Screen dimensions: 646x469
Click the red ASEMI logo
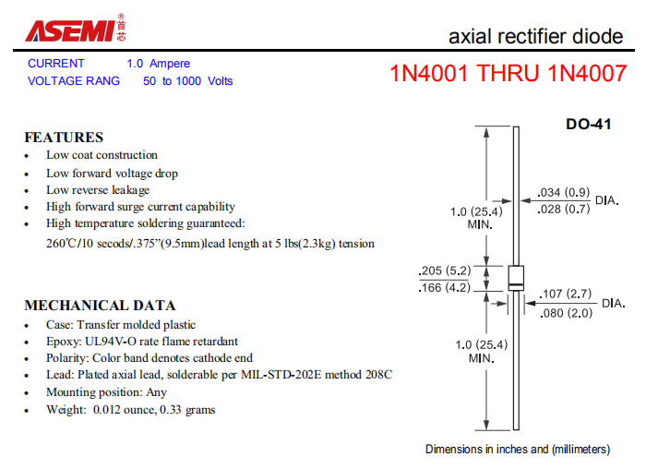click(76, 28)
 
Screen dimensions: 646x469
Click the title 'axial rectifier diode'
click(535, 36)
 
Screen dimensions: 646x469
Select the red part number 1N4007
click(587, 73)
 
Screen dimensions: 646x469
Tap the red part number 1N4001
click(429, 73)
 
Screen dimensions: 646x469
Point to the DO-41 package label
click(589, 124)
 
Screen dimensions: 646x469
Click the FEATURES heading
click(64, 138)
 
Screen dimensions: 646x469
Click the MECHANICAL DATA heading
click(100, 306)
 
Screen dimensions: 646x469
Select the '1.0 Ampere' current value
click(158, 64)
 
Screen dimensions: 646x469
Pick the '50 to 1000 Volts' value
click(188, 80)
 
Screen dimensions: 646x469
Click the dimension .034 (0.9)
click(564, 192)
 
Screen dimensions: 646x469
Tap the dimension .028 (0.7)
click(564, 209)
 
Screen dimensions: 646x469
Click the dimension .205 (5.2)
click(445, 271)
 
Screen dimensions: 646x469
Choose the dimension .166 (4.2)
click(445, 288)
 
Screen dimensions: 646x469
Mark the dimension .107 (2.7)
click(565, 294)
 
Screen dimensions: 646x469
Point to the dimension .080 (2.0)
click(566, 313)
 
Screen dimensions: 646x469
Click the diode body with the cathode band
click(516, 278)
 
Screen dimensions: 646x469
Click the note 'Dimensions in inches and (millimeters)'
click(518, 450)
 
